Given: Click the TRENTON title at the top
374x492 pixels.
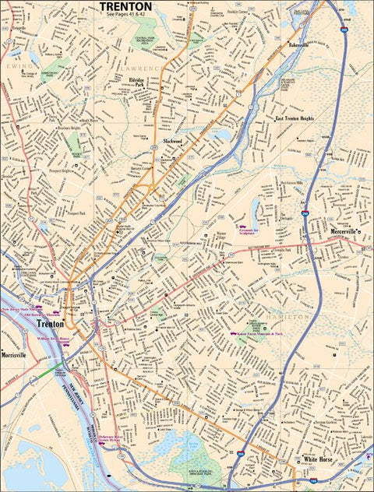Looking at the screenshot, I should [x=125, y=6].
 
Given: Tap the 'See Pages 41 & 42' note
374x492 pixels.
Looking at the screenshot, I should [x=125, y=15].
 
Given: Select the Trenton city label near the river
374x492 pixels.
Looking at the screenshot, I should [x=51, y=323].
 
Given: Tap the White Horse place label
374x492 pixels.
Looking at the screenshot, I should [x=319, y=460].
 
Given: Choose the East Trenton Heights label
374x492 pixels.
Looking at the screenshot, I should [x=295, y=118].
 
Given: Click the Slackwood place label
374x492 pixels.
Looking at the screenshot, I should [x=172, y=141].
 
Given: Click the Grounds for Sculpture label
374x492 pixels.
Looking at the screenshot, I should [x=252, y=231].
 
